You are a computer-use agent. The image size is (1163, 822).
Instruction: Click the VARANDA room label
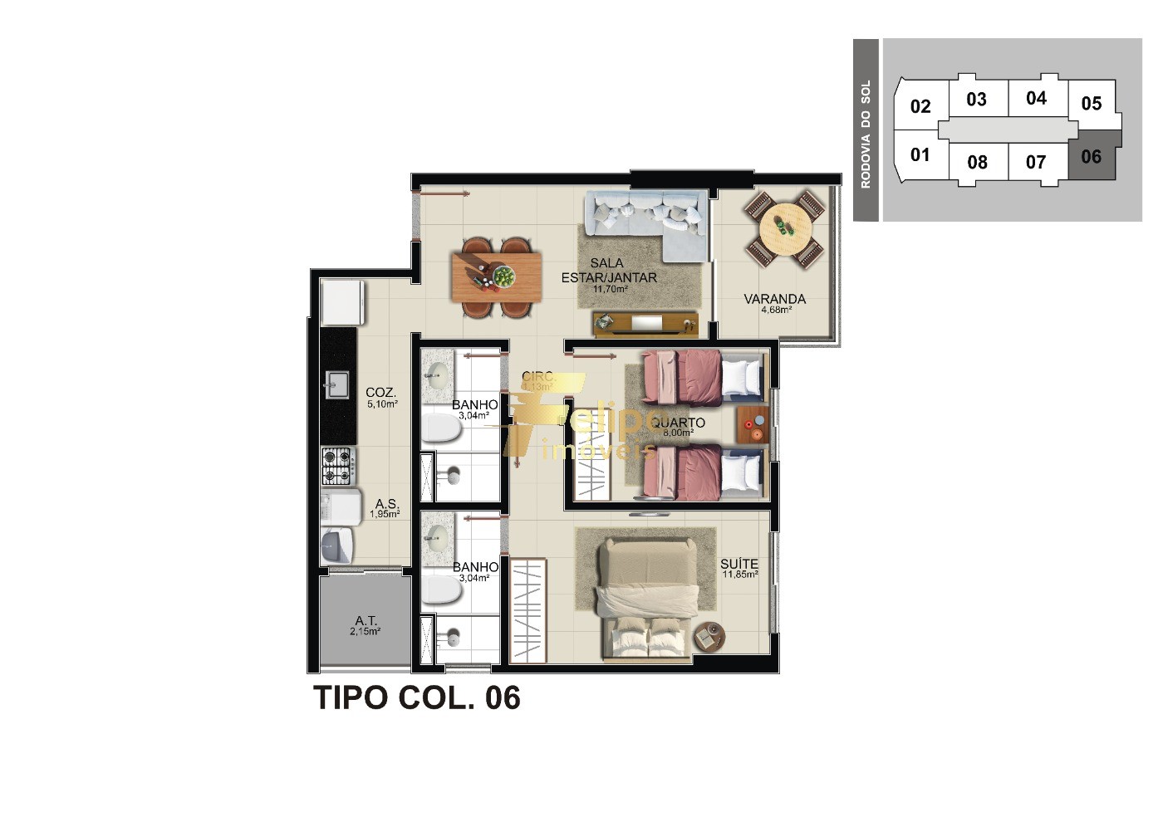coord(774,299)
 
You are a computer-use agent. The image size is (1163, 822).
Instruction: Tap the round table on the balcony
coord(784,226)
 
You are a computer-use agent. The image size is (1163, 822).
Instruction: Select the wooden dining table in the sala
coord(496,276)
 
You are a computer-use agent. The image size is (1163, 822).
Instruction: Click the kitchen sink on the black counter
coord(337,384)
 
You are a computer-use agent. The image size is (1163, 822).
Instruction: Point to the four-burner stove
coord(337,466)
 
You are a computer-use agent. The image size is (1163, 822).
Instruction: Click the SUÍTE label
coord(739,565)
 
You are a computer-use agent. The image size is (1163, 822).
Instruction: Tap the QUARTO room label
coord(678,423)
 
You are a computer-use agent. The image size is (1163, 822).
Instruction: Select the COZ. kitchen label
coord(380,393)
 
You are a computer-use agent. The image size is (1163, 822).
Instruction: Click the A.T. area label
coord(366,621)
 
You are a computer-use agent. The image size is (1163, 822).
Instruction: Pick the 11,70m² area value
coord(610,290)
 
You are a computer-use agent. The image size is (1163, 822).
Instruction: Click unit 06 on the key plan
coord(1091,156)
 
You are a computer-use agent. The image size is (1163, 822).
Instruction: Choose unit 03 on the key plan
coord(977,100)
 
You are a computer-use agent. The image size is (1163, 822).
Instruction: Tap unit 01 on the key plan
coord(920,154)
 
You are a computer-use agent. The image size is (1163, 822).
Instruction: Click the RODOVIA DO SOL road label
coord(866,133)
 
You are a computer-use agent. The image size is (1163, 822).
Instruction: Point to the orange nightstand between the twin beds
coord(752,424)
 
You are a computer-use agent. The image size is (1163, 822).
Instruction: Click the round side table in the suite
coord(709,637)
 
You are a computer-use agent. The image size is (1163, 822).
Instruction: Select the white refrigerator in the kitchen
coord(342,302)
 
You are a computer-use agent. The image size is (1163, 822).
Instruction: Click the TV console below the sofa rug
coord(645,324)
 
